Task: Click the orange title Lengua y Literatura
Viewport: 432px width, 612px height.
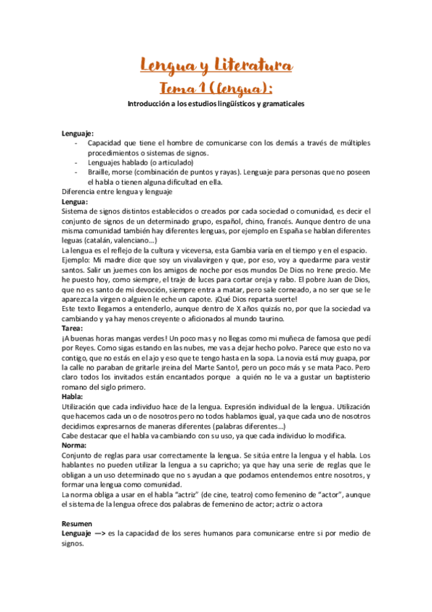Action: point(216,67)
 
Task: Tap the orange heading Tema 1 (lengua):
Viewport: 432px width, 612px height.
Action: point(216,88)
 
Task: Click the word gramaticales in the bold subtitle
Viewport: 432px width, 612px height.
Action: point(278,104)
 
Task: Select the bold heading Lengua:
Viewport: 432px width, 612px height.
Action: point(75,202)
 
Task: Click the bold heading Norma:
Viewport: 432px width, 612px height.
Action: point(74,445)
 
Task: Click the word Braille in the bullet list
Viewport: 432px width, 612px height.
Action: point(99,172)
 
